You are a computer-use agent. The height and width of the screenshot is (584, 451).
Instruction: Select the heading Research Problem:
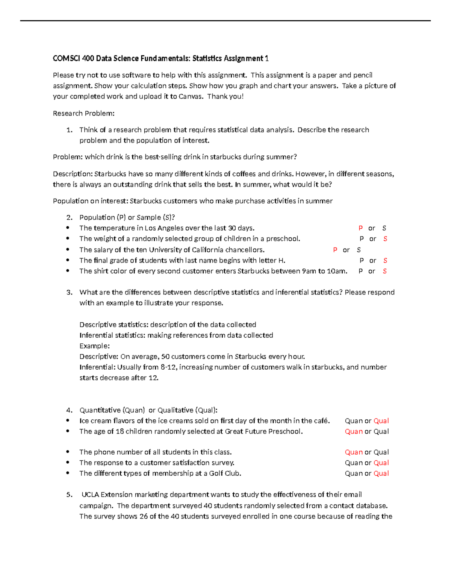[83, 113]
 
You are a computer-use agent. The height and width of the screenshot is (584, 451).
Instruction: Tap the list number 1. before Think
[69, 130]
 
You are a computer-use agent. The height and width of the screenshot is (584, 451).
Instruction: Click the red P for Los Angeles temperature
[360, 228]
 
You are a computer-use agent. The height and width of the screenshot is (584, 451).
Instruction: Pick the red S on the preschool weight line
[385, 239]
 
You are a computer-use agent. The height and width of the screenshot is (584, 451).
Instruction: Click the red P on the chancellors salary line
[335, 250]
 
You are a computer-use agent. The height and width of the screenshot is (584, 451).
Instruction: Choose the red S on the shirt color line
[384, 271]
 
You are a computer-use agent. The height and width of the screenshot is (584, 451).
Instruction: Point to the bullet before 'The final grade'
[68, 260]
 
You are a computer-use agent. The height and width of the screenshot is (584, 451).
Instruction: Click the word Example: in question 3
[94, 346]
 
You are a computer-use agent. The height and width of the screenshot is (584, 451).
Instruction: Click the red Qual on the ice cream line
[381, 421]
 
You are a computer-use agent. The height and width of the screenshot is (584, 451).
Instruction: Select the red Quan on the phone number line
[354, 452]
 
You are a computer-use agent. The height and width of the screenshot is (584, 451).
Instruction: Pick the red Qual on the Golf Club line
[381, 473]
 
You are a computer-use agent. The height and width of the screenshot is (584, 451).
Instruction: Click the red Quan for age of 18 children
[354, 431]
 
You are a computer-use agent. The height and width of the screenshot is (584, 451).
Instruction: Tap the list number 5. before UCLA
[69, 495]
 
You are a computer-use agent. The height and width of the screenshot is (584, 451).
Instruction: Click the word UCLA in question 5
[90, 495]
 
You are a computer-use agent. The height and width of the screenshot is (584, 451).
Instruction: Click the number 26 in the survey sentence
[144, 516]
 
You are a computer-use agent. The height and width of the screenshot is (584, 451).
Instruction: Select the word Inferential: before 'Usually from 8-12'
[97, 367]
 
